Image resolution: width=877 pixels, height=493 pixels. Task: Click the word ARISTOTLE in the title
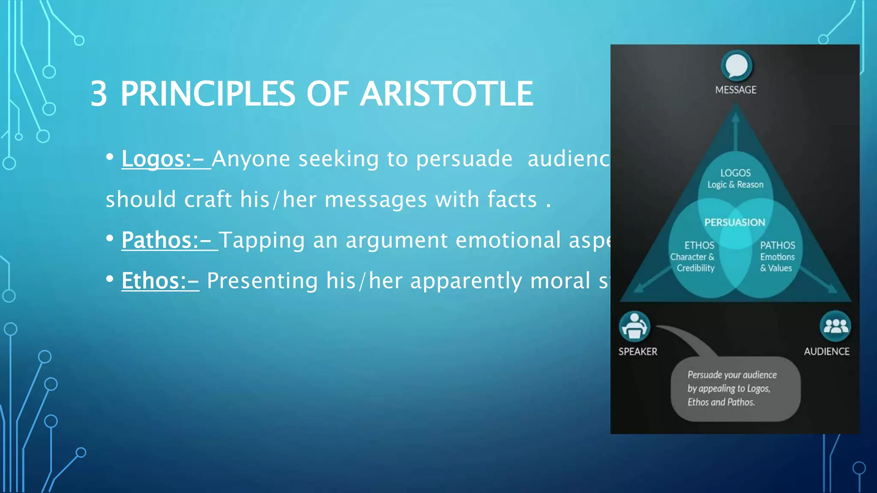[x=446, y=94]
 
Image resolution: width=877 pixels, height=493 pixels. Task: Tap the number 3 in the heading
[x=99, y=94]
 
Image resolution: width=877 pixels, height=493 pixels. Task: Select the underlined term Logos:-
[x=166, y=159]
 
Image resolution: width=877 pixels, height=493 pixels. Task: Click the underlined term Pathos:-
[x=169, y=240]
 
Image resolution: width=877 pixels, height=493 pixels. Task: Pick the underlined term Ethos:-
[x=160, y=281]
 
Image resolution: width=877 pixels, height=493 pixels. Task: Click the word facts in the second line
[x=512, y=199]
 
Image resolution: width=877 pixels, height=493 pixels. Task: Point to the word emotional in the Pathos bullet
[x=508, y=240]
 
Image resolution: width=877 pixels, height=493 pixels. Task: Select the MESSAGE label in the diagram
[x=736, y=90]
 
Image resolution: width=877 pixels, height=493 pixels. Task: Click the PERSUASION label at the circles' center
[x=735, y=222]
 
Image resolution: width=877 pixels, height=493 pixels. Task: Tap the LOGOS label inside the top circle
[x=735, y=173]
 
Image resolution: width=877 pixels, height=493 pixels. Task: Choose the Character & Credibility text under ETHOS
[x=693, y=262]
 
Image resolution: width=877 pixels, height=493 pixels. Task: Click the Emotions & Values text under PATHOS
[x=777, y=262]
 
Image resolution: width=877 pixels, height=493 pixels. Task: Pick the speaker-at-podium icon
[x=635, y=327]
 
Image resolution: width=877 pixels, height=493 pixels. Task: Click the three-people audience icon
[x=835, y=327]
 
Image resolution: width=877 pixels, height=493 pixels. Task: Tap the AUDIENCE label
[x=826, y=351]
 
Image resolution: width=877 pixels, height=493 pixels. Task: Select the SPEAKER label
[x=638, y=351]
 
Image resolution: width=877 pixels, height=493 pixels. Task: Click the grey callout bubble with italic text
[x=735, y=389]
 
